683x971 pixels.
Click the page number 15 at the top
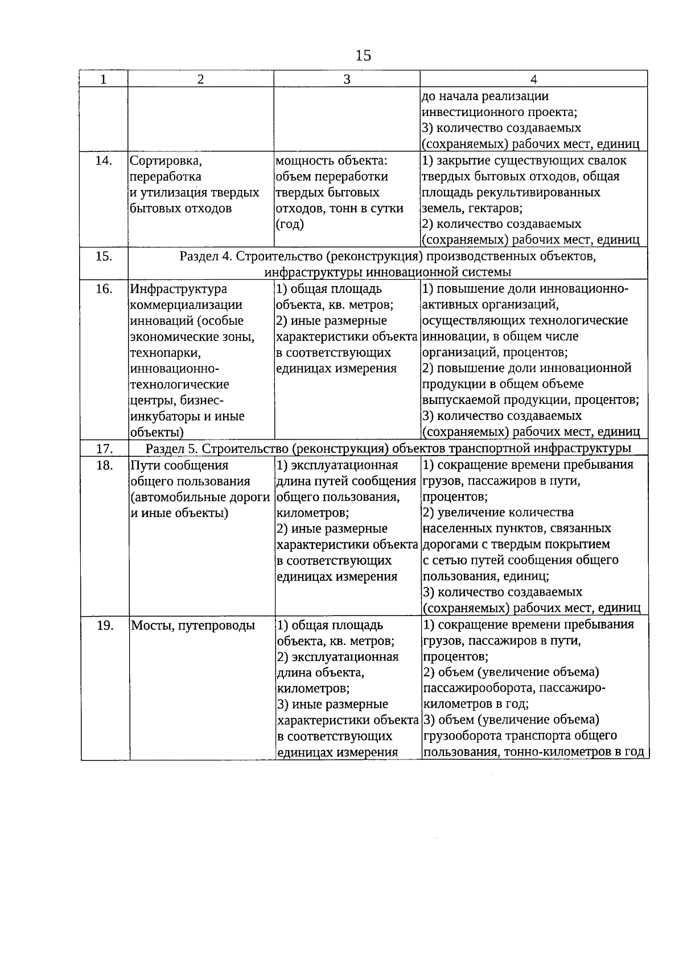click(363, 56)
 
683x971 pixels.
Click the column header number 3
click(347, 80)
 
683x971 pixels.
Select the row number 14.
click(104, 161)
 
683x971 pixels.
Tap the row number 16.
click(104, 290)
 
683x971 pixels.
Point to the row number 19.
click(104, 626)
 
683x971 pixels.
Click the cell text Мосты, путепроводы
click(193, 626)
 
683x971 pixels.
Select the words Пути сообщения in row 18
click(179, 466)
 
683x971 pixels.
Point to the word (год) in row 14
click(290, 225)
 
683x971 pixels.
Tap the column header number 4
click(534, 80)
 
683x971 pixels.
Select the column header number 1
click(104, 80)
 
